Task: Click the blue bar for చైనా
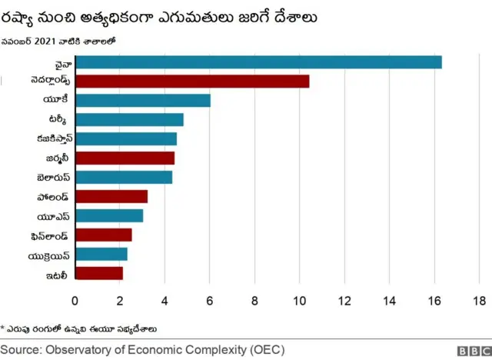(258, 62)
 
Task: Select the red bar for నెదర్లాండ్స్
(192, 82)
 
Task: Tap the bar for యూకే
(143, 100)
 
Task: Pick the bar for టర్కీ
(129, 119)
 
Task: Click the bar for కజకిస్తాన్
(126, 138)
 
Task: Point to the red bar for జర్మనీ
(125, 158)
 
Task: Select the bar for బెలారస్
(124, 177)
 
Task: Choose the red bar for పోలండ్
(111, 196)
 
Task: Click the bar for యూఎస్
(109, 215)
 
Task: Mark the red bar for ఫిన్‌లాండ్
(104, 235)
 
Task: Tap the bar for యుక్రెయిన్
(101, 254)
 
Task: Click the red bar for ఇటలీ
(99, 272)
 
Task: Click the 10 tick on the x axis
(300, 300)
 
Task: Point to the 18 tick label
(479, 300)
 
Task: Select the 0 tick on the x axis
(75, 300)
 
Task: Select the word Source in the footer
(22, 349)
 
